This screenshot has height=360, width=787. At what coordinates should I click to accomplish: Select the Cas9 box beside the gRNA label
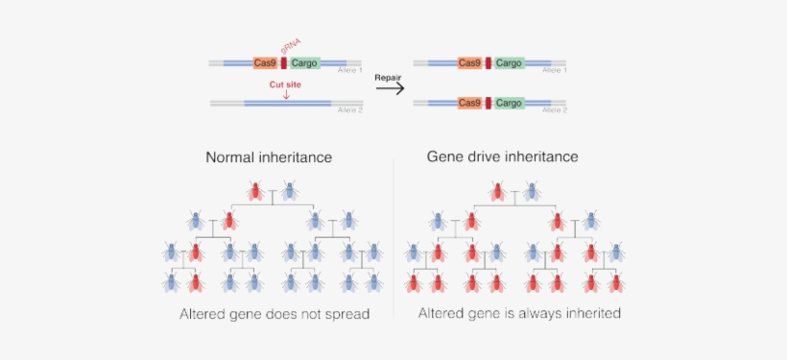click(266, 63)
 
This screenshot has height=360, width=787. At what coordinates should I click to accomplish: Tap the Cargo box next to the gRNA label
click(304, 63)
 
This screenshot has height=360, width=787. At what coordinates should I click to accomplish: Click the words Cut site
click(286, 84)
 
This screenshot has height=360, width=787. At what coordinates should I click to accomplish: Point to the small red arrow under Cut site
click(286, 94)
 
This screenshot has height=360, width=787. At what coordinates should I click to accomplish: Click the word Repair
click(387, 76)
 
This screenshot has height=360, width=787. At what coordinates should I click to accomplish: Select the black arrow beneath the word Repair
click(388, 88)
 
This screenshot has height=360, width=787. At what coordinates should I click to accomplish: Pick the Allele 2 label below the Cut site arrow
click(350, 109)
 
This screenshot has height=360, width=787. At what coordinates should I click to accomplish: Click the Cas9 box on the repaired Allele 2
click(469, 102)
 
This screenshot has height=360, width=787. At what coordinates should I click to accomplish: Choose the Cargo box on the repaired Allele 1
click(510, 63)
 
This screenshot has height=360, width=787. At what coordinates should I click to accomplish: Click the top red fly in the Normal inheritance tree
click(255, 191)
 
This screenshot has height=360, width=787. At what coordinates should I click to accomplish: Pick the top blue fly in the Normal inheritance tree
click(289, 191)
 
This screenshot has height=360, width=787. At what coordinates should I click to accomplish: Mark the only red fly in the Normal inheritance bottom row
click(195, 282)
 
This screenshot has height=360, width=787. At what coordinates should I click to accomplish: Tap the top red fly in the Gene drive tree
click(497, 191)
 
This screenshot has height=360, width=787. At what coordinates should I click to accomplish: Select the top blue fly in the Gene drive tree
click(531, 191)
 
